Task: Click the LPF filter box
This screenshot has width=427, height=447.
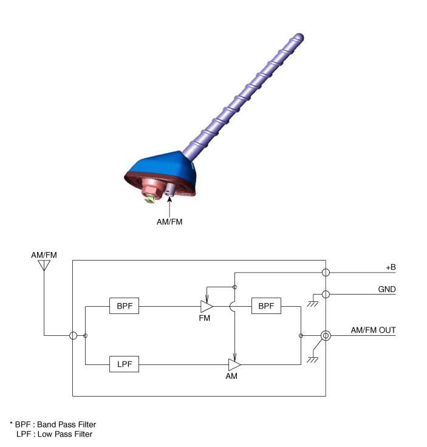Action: [x=124, y=364]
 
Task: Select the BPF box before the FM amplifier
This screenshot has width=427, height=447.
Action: [x=124, y=306]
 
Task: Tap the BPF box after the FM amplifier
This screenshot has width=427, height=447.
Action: [x=266, y=306]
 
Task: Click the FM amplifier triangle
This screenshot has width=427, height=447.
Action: [x=207, y=307]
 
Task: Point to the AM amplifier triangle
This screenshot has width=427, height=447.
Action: [x=234, y=364]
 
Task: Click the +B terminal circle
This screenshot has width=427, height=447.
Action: [x=326, y=273]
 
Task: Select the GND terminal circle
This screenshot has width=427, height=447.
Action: [x=326, y=294]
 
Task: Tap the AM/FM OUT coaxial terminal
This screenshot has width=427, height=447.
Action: [x=326, y=335]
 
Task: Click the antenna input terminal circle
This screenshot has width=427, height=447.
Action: [x=73, y=335]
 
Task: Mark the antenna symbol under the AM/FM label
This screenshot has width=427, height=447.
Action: [x=44, y=265]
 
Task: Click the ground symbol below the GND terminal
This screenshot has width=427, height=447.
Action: [x=313, y=304]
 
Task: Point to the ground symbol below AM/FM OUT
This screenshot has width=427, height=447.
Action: [x=313, y=360]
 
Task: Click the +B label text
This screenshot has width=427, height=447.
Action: [x=391, y=267]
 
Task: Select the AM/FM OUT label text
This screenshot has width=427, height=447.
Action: [x=373, y=330]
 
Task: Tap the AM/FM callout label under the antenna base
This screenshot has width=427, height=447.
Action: [x=169, y=222]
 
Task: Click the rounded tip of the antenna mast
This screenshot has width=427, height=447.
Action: [x=299, y=37]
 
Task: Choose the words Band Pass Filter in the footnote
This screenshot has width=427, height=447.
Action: [x=66, y=425]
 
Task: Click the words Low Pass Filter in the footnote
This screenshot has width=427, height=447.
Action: [x=65, y=434]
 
